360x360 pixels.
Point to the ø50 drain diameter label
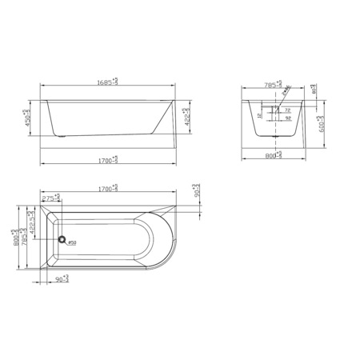click(x=71, y=243)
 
